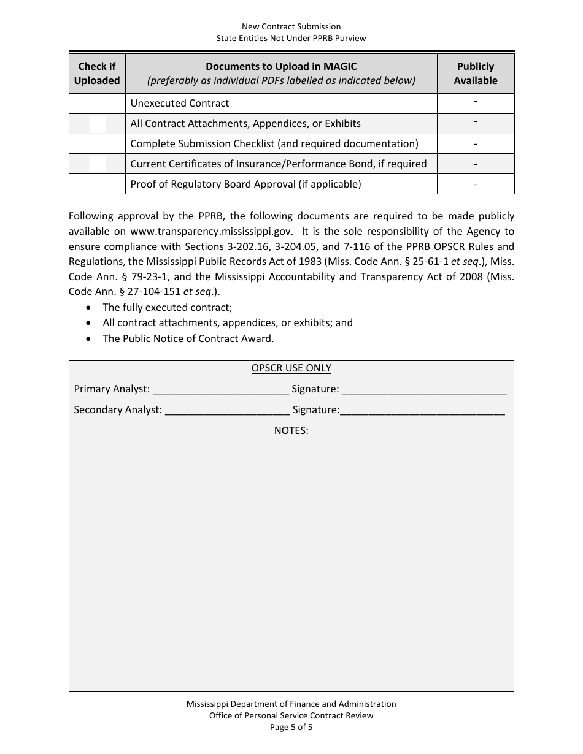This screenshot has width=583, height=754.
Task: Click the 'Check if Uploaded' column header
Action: tap(97, 74)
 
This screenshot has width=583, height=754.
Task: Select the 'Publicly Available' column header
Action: tap(476, 74)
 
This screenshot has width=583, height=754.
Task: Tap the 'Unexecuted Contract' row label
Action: tap(180, 104)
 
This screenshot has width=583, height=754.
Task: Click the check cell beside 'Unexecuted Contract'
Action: tap(97, 104)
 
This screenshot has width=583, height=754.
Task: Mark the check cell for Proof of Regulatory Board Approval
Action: tap(97, 184)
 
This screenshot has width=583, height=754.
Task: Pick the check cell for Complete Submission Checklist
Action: tap(97, 144)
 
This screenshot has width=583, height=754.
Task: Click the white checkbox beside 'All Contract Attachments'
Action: tap(98, 124)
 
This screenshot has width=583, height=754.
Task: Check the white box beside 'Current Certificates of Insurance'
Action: tap(98, 164)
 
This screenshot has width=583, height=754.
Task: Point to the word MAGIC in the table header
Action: tap(339, 66)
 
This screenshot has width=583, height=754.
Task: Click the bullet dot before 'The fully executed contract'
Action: tap(91, 308)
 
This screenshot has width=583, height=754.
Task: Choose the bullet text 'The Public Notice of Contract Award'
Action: tap(188, 338)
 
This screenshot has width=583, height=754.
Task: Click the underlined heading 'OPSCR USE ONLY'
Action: tap(291, 368)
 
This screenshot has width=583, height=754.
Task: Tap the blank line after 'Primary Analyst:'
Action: tap(220, 389)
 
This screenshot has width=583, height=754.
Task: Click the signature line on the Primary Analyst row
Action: tap(423, 389)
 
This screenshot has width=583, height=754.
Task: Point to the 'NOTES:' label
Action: tap(291, 431)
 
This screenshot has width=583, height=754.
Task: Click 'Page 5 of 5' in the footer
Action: tap(291, 728)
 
